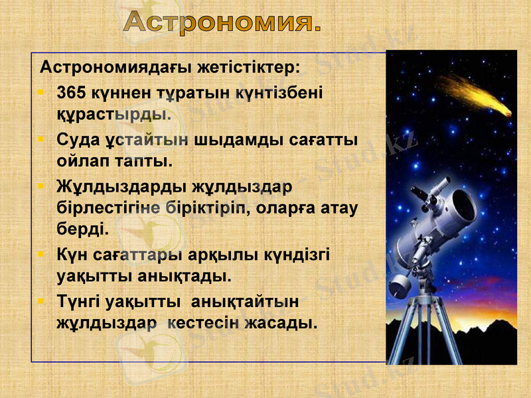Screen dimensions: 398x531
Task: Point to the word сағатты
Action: [x=324, y=140]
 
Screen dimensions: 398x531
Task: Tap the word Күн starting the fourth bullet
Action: [x=70, y=255]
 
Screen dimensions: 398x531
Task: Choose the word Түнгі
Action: [x=80, y=302]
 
